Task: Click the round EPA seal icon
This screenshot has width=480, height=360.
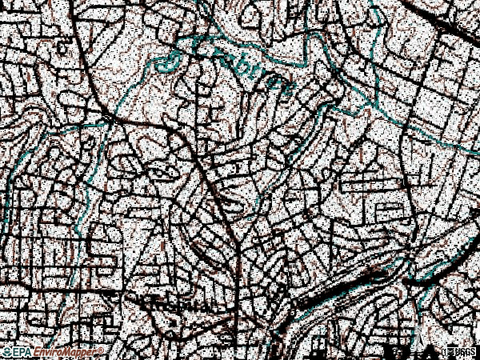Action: click(x=8, y=352)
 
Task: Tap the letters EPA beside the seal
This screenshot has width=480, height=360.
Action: click(x=23, y=352)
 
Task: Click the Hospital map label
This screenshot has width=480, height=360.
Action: click(x=178, y=305)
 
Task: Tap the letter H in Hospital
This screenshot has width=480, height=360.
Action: click(x=145, y=305)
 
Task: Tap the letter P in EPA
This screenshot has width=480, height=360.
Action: click(x=23, y=352)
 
